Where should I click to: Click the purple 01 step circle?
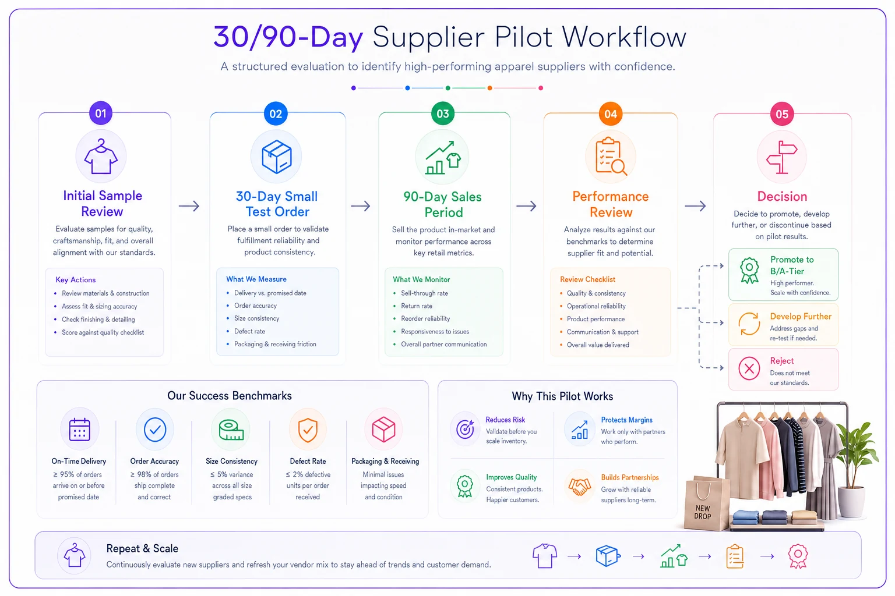[101, 113]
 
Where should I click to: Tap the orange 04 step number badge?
[610, 114]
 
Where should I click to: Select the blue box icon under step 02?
[277, 157]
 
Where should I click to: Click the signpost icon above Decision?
[781, 157]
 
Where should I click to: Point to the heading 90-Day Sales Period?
[443, 204]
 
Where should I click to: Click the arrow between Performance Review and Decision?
[695, 206]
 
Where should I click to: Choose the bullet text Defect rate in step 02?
[249, 331]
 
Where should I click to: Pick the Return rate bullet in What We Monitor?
[417, 306]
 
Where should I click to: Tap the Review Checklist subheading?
[587, 279]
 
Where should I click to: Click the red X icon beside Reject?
[749, 368]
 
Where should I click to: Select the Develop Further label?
[801, 316]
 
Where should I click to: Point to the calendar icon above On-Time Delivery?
[79, 430]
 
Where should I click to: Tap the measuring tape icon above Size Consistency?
[231, 430]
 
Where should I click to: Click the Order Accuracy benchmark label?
[154, 461]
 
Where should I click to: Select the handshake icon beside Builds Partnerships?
[579, 487]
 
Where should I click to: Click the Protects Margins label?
[626, 420]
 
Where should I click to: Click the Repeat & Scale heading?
[142, 548]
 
